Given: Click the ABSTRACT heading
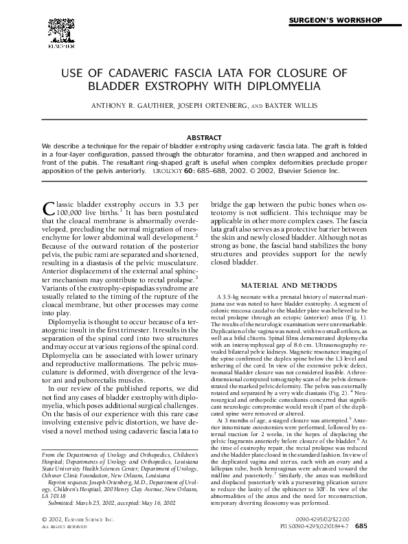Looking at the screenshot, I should (x=204, y=137).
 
